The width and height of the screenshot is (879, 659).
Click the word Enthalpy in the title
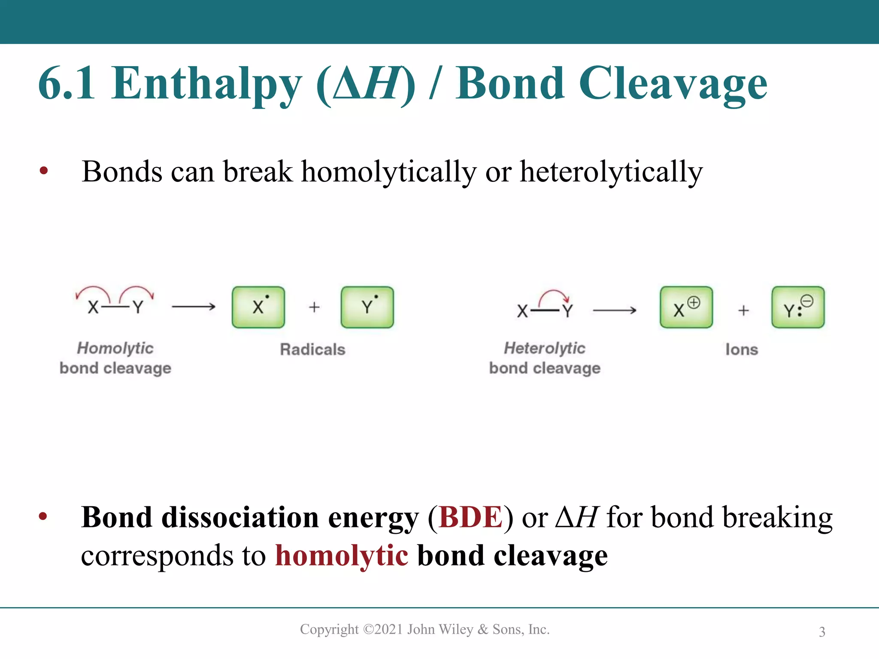(x=206, y=84)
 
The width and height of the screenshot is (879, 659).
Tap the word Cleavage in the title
(x=673, y=84)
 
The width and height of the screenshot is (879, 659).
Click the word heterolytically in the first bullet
(x=611, y=172)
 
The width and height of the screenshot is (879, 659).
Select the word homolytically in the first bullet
(x=389, y=172)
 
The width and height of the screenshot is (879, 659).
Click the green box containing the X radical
(x=258, y=307)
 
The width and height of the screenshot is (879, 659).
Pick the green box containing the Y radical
(x=367, y=307)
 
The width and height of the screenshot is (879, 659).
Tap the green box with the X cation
(x=686, y=307)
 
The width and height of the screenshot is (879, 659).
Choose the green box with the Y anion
(x=798, y=307)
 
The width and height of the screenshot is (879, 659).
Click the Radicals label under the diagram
(x=312, y=350)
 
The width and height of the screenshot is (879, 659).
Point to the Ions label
(x=742, y=350)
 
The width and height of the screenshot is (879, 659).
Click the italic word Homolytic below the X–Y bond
(x=115, y=348)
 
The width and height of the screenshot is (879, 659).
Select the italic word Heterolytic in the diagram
(x=544, y=348)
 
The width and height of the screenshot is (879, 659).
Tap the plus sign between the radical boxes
(x=314, y=307)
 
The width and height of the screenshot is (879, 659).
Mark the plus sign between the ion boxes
(x=743, y=310)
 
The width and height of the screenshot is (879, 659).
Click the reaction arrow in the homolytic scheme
(x=194, y=306)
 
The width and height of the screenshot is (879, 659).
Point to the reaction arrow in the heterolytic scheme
(x=615, y=310)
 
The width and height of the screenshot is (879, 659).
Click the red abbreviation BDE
(x=470, y=517)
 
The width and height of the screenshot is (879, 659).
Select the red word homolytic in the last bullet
(x=342, y=556)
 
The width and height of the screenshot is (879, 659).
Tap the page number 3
(x=822, y=632)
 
